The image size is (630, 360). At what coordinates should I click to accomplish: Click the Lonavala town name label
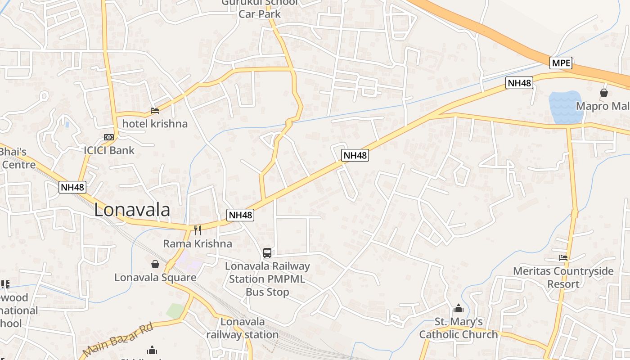pyautogui.click(x=132, y=210)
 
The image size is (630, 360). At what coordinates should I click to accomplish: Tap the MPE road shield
pyautogui.click(x=561, y=63)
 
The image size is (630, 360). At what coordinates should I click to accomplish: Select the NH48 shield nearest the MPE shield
pyautogui.click(x=519, y=83)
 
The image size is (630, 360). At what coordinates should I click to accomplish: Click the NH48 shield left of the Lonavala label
pyautogui.click(x=72, y=187)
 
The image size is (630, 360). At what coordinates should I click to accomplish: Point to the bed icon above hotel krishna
pyautogui.click(x=155, y=111)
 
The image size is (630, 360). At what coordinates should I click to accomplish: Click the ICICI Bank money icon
pyautogui.click(x=109, y=137)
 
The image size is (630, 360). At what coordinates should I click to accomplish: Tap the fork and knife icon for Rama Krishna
pyautogui.click(x=197, y=230)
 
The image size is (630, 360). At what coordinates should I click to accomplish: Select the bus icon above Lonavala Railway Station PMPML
pyautogui.click(x=267, y=253)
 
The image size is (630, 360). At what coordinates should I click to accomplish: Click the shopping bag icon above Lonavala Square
pyautogui.click(x=155, y=264)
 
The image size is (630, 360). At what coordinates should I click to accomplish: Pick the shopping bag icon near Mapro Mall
pyautogui.click(x=604, y=93)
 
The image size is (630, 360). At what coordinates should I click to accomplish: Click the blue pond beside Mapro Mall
pyautogui.click(x=566, y=108)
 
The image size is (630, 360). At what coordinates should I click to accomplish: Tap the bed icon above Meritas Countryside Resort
pyautogui.click(x=563, y=258)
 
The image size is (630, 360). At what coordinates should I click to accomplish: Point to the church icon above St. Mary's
pyautogui.click(x=459, y=308)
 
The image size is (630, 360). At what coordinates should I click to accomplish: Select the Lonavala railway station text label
pyautogui.click(x=243, y=328)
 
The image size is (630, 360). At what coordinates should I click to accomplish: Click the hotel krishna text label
pyautogui.click(x=155, y=124)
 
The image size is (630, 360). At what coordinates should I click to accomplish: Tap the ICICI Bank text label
pyautogui.click(x=109, y=150)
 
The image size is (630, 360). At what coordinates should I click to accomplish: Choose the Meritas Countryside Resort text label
pyautogui.click(x=563, y=278)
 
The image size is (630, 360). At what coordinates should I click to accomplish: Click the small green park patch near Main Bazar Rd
pyautogui.click(x=175, y=310)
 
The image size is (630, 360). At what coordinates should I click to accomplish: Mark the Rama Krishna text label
pyautogui.click(x=198, y=244)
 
